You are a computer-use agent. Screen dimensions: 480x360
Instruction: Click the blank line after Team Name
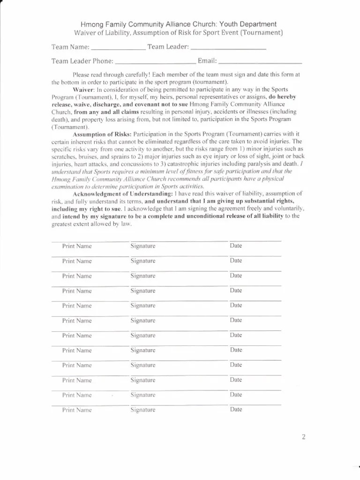click(x=118, y=48)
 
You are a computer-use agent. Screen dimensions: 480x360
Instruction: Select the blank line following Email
click(x=260, y=62)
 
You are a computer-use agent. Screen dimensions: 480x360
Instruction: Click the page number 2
click(x=303, y=438)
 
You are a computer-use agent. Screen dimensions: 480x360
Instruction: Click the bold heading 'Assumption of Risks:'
click(x=102, y=134)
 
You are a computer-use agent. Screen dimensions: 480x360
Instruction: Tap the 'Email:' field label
click(x=208, y=61)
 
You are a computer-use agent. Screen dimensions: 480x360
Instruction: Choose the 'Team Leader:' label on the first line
click(x=168, y=47)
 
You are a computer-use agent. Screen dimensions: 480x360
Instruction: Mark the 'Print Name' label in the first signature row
click(x=77, y=246)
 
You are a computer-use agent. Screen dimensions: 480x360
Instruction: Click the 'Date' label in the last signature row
click(x=236, y=409)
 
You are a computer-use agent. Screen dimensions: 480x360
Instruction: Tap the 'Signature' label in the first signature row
click(x=143, y=246)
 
